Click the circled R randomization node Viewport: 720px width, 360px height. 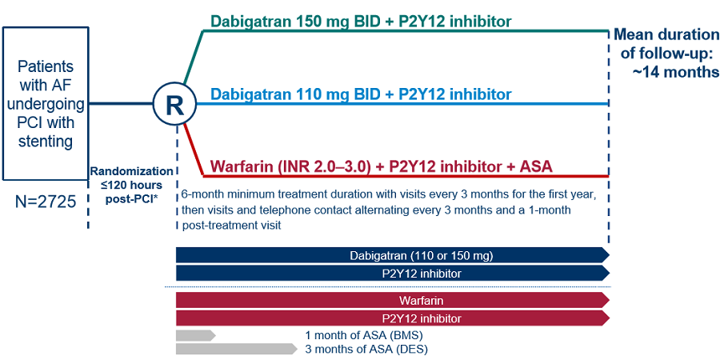pos(175,105)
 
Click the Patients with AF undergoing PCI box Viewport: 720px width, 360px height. pos(46,103)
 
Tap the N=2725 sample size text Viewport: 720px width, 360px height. pos(46,202)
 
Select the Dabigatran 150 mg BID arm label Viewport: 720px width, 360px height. pos(361,21)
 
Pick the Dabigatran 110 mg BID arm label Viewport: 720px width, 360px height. pos(361,94)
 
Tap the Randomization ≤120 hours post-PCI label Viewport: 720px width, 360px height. pos(132,185)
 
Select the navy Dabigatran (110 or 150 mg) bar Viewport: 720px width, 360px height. pos(393,255)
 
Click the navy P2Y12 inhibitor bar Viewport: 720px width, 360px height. pos(393,274)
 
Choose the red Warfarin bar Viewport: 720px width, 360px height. pos(393,300)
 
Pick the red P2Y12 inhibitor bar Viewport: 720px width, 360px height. pos(393,318)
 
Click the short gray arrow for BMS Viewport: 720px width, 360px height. pos(196,335)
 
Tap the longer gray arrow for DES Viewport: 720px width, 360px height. pos(236,349)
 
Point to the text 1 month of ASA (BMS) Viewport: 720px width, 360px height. pos(364,334)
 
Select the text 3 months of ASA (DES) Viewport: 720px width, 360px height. pos(366,349)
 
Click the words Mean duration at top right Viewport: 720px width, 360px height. pos(666,34)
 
